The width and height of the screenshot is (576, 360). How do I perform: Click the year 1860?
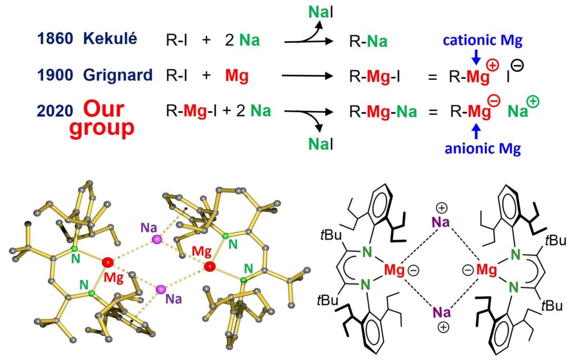pyautogui.click(x=55, y=39)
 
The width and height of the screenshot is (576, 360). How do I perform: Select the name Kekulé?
pyautogui.click(x=110, y=38)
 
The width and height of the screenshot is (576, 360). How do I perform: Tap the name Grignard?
pyautogui.click(x=118, y=75)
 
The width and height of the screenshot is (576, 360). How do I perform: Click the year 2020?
pyautogui.click(x=55, y=111)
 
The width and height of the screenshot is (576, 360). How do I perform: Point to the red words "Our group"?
pyautogui.click(x=102, y=118)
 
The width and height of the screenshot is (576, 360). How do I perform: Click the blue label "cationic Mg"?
pyautogui.click(x=482, y=40)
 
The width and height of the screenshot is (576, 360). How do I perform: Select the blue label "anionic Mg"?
pyautogui.click(x=483, y=148)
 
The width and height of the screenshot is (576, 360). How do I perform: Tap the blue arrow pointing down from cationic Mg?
pyautogui.click(x=476, y=57)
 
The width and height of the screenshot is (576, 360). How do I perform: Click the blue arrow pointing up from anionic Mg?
pyautogui.click(x=476, y=131)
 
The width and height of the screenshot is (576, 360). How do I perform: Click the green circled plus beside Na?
pyautogui.click(x=533, y=101)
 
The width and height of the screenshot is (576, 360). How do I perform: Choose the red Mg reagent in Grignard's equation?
pyautogui.click(x=237, y=76)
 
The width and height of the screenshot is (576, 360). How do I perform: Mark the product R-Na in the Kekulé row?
pyautogui.click(x=368, y=42)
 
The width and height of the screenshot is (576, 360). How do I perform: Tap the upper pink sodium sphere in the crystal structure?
pyautogui.click(x=157, y=240)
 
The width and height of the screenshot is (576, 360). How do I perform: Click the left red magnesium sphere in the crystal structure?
pyautogui.click(x=107, y=262)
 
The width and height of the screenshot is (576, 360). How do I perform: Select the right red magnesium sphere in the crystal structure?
pyautogui.click(x=209, y=266)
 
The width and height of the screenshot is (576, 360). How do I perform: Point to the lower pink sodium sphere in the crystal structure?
pyautogui.click(x=160, y=290)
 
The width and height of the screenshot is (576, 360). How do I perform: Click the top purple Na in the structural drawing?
pyautogui.click(x=440, y=222)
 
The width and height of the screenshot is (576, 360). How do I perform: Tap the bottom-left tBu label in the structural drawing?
pyautogui.click(x=327, y=300)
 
